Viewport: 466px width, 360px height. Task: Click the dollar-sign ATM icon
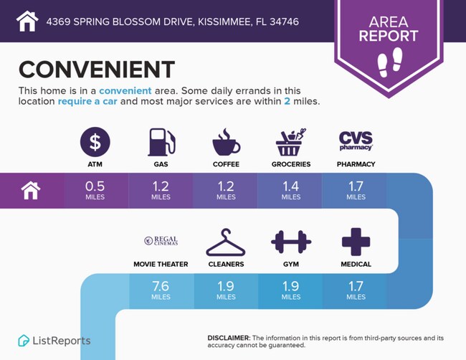point(95,142)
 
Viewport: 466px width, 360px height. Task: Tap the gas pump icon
point(161,142)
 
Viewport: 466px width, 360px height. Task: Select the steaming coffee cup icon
point(226,142)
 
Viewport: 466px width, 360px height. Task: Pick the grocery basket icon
point(290,142)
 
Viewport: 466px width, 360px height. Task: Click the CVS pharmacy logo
point(356,141)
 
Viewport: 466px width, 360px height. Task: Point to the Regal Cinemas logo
point(161,240)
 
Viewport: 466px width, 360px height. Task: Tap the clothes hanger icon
point(226,242)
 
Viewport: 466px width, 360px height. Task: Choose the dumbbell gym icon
point(291,242)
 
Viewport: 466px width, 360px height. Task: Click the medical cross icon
point(356,242)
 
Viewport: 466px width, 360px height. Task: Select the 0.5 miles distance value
point(95,190)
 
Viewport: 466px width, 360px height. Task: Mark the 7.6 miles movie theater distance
point(161,290)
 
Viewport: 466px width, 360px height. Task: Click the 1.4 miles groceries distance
point(291,190)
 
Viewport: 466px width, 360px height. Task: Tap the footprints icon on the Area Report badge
point(390,62)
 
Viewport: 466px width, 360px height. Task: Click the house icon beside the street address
point(27,21)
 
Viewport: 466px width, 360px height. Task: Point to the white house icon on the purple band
point(31,191)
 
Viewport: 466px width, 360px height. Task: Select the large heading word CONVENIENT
point(97,70)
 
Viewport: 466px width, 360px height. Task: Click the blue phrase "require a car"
point(87,101)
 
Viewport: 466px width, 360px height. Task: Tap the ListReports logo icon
point(24,341)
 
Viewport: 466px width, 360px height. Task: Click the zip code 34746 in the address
point(285,22)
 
